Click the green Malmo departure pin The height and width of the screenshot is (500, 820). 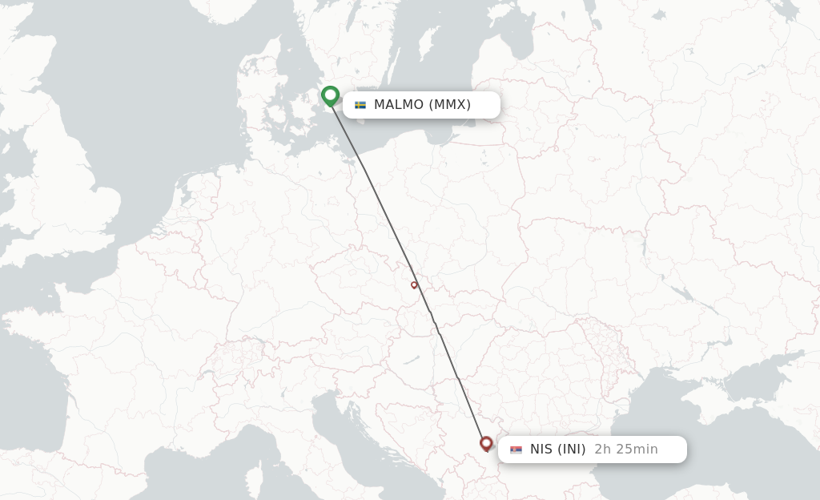pyautogui.click(x=330, y=95)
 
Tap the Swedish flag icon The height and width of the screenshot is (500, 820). pyautogui.click(x=360, y=105)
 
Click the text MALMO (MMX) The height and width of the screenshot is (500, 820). pyautogui.click(x=422, y=105)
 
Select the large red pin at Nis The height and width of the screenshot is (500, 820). pyautogui.click(x=486, y=442)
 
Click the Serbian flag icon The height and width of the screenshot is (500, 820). pyautogui.click(x=516, y=450)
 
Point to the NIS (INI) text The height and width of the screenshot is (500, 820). pyautogui.click(x=557, y=450)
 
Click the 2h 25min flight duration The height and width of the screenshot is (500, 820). pyautogui.click(x=626, y=450)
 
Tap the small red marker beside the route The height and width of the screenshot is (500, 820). pyautogui.click(x=414, y=284)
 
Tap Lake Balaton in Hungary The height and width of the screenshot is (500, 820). pyautogui.click(x=412, y=361)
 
